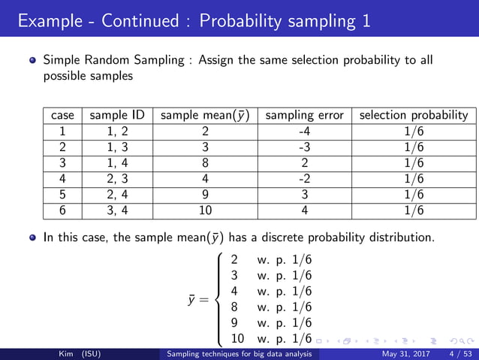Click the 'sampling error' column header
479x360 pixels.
point(305,115)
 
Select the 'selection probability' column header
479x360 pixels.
point(414,115)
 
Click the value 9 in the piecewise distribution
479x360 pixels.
point(235,322)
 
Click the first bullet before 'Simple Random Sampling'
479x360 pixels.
point(32,59)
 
